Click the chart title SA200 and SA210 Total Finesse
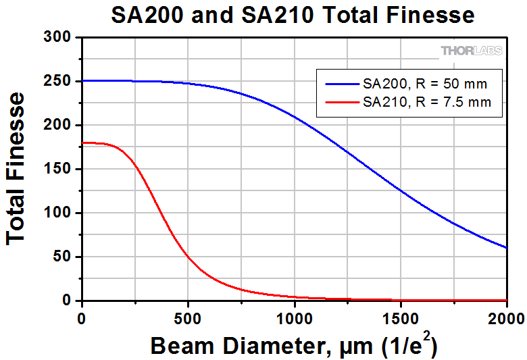pos(293,14)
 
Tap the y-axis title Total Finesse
pos(17,169)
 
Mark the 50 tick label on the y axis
pos(62,257)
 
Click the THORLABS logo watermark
pos(472,51)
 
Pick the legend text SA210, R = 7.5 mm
pos(427,103)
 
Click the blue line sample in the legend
pos(341,84)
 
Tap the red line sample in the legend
pos(341,103)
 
